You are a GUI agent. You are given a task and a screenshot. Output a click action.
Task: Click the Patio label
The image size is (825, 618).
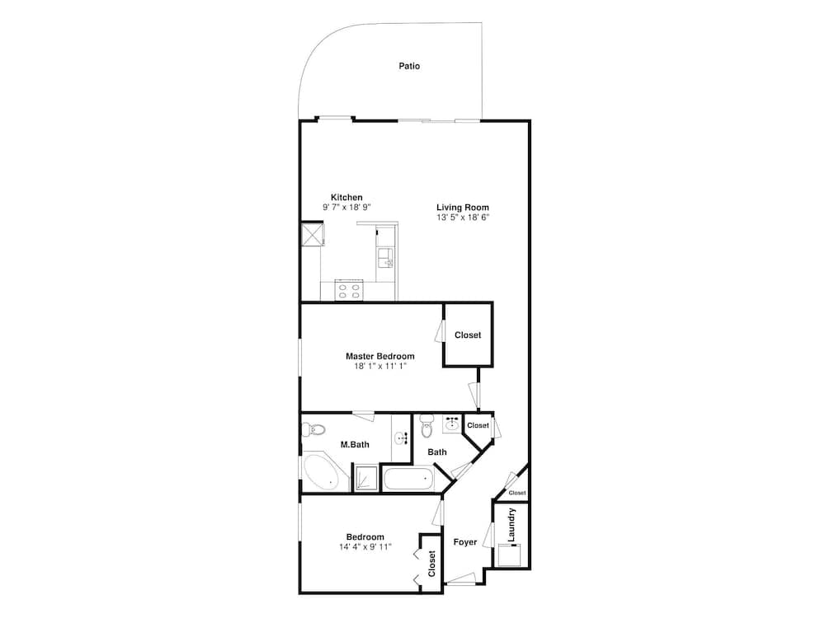[x=409, y=66]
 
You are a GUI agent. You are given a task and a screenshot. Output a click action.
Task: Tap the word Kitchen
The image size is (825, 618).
[x=346, y=198]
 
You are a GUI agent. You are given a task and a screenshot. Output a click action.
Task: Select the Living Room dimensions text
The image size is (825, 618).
[x=462, y=218]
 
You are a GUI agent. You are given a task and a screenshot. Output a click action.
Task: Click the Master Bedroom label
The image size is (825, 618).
[x=379, y=357]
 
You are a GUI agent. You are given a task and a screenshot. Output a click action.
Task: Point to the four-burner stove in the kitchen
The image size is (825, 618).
[x=350, y=290]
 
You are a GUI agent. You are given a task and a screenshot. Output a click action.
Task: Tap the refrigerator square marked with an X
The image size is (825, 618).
[x=312, y=234]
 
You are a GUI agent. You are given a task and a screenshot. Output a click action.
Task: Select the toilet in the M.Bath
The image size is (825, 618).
[x=314, y=429]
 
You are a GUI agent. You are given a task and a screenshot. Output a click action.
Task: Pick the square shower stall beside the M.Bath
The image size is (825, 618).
[x=365, y=477]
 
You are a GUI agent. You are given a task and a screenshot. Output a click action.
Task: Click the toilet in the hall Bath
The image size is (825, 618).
[x=426, y=428]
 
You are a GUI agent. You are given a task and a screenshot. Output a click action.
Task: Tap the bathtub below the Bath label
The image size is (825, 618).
[x=408, y=479]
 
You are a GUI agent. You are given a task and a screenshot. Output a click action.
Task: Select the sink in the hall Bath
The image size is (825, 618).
[x=451, y=424]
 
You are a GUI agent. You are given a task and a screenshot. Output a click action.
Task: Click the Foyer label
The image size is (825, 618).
[x=465, y=542]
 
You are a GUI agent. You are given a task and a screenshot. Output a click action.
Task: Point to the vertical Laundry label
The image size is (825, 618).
[x=511, y=525]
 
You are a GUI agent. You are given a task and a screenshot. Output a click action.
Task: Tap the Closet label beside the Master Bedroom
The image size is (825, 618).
[x=468, y=335]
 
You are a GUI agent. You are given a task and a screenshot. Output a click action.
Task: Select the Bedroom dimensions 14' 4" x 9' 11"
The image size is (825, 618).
[x=365, y=546]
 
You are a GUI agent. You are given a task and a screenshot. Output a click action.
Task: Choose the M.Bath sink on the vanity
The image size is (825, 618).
[x=400, y=438]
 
